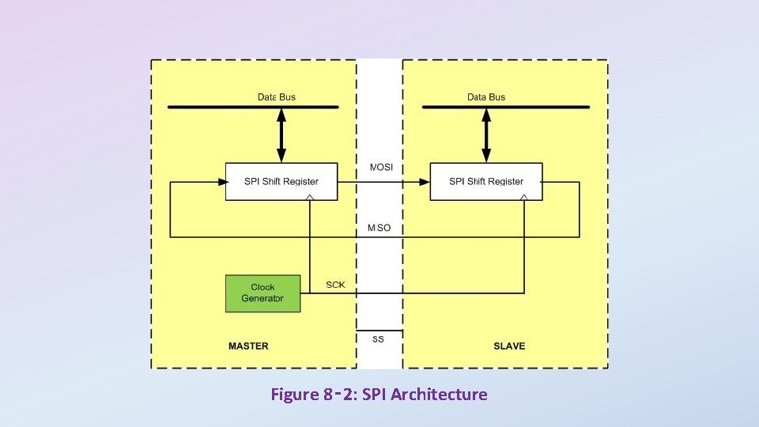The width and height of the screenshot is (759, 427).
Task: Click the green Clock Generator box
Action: tap(262, 293)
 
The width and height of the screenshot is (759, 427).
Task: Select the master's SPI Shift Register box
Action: tap(281, 181)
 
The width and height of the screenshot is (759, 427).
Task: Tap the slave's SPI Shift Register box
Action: tap(486, 181)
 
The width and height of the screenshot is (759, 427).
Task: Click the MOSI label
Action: tap(381, 167)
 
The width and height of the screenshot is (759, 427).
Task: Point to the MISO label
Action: tap(379, 228)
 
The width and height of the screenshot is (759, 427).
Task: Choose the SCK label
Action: tap(335, 285)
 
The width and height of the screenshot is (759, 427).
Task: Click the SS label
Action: tap(378, 338)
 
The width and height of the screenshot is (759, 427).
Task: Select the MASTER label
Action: tap(248, 346)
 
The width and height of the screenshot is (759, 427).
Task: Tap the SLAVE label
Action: tap(509, 346)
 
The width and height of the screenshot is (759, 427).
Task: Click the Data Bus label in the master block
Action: tap(277, 97)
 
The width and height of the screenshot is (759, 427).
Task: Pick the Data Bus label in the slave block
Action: tap(486, 97)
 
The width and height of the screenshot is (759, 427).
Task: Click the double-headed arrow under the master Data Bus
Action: tap(281, 135)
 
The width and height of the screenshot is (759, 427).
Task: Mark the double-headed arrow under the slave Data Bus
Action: tap(486, 135)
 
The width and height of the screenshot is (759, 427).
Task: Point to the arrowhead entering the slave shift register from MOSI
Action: tap(424, 181)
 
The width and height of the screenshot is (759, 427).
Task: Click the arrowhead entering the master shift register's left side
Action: tap(221, 181)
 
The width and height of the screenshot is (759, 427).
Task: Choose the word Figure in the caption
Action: tap(294, 394)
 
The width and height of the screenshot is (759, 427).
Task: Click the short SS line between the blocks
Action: tap(379, 331)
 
